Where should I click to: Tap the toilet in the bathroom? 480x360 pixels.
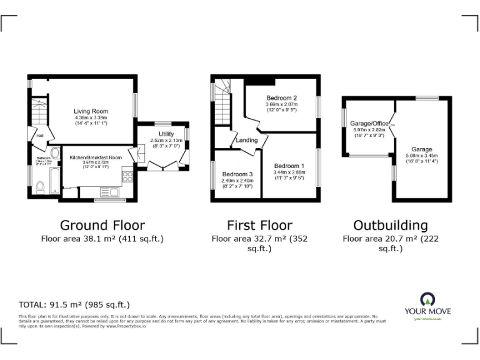point(40,186)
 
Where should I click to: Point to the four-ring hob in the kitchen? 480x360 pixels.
point(128,176)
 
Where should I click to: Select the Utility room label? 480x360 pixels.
point(166,134)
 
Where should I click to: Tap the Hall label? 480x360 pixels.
point(39,136)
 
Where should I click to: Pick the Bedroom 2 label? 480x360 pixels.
point(281,98)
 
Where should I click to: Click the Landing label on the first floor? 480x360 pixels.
point(247,140)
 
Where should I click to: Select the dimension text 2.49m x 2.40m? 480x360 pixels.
point(236,181)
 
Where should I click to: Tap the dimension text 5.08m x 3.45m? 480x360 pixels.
point(422,156)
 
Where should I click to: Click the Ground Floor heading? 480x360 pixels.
point(102,225)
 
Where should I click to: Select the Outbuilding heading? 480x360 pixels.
point(391,225)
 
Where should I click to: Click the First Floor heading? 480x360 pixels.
point(259,225)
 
